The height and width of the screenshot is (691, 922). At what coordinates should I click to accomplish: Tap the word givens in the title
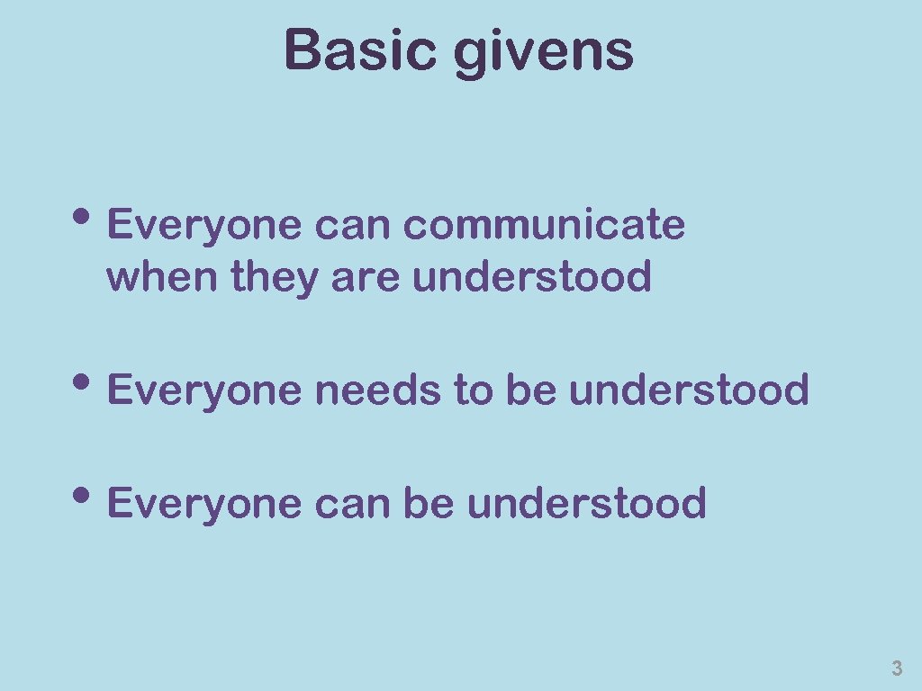544,52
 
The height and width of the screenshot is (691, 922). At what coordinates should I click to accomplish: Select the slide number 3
896,669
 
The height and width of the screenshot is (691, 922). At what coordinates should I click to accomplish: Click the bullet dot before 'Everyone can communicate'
94,220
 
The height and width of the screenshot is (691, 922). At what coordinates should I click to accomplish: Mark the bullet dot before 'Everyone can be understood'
94,498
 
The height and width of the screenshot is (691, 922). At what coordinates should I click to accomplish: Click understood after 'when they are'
531,277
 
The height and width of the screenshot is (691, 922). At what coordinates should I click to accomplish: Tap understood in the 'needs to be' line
689,390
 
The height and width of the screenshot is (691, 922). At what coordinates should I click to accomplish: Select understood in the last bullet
586,503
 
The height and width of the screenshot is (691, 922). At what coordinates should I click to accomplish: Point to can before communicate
352,226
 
